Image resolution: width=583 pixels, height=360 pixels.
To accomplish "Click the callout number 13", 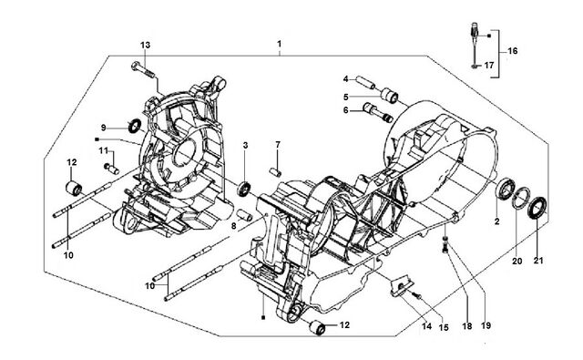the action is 146,45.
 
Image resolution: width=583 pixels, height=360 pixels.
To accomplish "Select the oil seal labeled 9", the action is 135,126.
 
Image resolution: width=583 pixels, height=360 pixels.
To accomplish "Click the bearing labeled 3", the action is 244,189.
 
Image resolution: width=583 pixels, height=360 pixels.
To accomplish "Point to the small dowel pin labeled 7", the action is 275,172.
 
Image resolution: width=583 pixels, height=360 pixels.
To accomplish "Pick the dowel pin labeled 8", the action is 245,215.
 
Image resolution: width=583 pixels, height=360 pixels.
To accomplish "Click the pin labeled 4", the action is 366,83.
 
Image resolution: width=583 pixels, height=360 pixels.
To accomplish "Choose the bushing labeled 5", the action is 389,95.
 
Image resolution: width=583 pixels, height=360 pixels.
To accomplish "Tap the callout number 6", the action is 346,110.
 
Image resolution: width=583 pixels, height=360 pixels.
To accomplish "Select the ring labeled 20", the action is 521,198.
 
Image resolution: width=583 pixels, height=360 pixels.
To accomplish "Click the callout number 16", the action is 512,51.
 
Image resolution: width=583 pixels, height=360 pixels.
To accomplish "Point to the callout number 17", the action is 489,66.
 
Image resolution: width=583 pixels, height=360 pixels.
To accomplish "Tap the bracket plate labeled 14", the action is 400,286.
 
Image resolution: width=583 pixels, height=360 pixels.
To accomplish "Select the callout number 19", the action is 486,325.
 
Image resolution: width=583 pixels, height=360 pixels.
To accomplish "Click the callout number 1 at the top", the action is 280,44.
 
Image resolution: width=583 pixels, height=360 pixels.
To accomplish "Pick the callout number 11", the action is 103,150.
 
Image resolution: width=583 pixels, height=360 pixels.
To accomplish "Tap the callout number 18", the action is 467,326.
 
